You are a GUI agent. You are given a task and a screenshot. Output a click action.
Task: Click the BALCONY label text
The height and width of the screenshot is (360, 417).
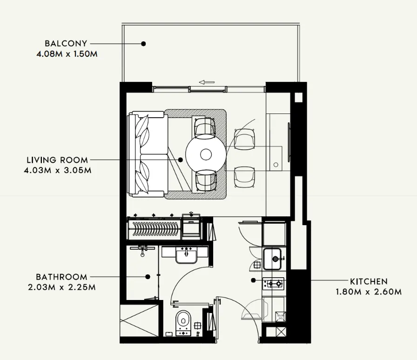[x=66, y=44]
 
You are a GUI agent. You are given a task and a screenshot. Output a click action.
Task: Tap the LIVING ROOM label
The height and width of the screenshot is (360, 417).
[x=57, y=160]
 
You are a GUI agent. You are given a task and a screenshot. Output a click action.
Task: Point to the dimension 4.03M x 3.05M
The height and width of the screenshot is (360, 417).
[x=57, y=170]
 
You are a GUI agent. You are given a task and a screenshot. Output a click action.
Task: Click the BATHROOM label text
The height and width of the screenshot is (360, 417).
[x=61, y=277]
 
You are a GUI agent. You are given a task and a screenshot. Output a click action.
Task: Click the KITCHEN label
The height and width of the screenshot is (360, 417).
[x=369, y=281]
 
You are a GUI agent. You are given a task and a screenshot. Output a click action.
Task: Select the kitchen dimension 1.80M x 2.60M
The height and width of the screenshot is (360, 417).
[x=369, y=292]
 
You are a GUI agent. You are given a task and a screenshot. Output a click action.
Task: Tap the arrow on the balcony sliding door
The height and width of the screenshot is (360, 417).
[x=206, y=82]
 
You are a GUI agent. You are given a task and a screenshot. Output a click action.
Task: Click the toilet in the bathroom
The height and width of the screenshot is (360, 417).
[x=184, y=320]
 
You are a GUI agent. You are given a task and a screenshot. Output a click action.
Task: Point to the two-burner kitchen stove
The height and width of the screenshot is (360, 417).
[x=274, y=282]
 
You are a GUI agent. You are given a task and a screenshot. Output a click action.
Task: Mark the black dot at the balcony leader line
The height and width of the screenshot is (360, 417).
[x=144, y=44]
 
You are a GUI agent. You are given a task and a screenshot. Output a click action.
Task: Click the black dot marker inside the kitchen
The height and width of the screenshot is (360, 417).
[x=253, y=280]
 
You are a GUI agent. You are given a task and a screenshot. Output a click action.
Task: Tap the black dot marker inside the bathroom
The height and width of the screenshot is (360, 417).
[x=148, y=276]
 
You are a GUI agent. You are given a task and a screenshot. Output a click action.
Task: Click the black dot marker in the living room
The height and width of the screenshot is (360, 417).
[x=181, y=160]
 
